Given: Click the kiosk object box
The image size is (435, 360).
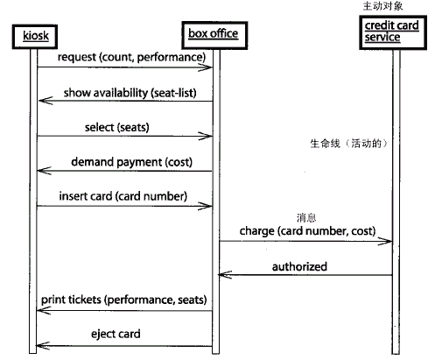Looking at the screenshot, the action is point(35,37).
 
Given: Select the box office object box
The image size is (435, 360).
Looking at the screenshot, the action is point(214,35).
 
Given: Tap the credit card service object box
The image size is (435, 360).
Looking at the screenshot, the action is point(393,32).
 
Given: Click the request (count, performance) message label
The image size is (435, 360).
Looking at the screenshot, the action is point(131,58).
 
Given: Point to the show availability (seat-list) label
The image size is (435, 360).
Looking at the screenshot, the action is point(130,93).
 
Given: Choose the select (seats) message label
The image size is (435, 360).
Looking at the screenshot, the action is point(117,128).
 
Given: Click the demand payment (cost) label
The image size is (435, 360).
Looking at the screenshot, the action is point(132,162).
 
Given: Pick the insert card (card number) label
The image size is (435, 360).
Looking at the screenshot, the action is point(123,196).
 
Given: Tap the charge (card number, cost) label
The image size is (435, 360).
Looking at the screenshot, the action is point(307,231).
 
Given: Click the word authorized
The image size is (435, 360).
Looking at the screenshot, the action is point(299,266).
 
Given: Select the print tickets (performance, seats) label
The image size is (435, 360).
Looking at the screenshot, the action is point(124,300).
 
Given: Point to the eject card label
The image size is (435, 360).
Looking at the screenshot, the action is point(116,334).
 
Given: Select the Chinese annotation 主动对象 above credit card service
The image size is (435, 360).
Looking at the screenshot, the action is point(382,6).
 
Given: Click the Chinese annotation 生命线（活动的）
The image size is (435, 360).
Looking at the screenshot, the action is point(349,144).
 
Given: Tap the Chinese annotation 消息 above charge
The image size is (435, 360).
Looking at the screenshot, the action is point(306,218).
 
